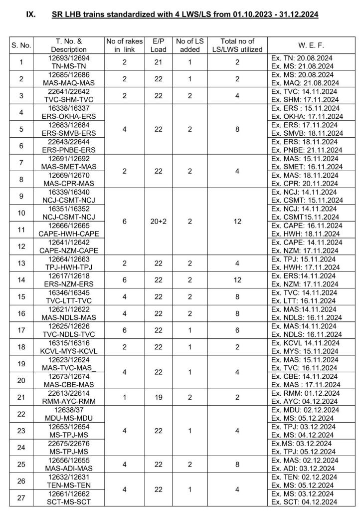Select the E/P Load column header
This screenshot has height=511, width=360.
pos(159,45)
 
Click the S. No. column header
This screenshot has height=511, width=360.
pos(21,45)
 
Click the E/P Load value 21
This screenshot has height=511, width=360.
pos(159,62)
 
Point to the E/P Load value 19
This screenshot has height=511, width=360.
pos(159,397)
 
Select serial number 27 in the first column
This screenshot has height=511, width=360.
pos(21,498)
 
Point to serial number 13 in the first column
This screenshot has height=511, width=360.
pos(21,263)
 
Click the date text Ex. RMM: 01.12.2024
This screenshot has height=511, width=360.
pos(305,393)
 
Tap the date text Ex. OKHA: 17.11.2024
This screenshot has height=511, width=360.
pos(305,116)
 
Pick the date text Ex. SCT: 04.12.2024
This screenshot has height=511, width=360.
pos(305,502)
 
